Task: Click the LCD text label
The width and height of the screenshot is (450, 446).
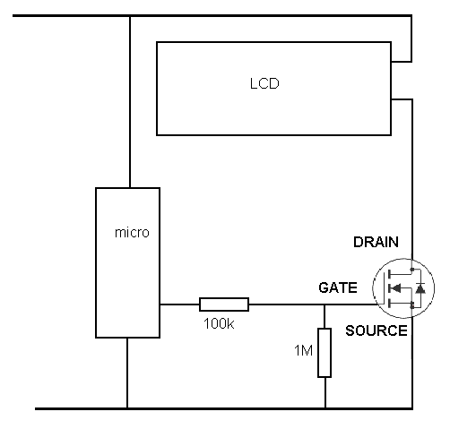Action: click(264, 83)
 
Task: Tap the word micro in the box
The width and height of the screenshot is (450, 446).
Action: click(132, 233)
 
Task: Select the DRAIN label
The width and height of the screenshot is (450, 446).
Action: click(376, 242)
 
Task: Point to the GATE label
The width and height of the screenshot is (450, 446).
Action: click(338, 287)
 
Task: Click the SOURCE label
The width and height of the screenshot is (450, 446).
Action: click(376, 330)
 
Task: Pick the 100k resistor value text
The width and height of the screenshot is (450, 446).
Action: click(219, 323)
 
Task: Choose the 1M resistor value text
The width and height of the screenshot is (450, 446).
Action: click(303, 350)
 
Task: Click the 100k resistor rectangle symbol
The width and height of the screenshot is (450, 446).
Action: click(224, 304)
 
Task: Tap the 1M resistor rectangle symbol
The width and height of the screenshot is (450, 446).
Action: click(325, 353)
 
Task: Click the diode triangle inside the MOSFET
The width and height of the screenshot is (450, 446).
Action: click(420, 288)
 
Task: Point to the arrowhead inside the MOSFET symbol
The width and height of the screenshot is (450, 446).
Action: click(396, 288)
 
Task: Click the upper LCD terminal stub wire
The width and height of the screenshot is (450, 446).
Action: click(402, 62)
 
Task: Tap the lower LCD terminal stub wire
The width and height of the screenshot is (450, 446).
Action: click(402, 99)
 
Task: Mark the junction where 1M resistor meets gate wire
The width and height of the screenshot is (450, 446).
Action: click(325, 304)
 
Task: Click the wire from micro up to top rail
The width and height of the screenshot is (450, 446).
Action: click(130, 102)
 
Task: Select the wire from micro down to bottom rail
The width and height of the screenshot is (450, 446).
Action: click(127, 373)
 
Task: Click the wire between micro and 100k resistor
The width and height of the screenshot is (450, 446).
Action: click(179, 304)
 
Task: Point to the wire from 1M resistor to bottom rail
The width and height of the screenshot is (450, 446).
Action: click(325, 393)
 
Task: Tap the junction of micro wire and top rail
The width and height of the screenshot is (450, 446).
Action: click(130, 15)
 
